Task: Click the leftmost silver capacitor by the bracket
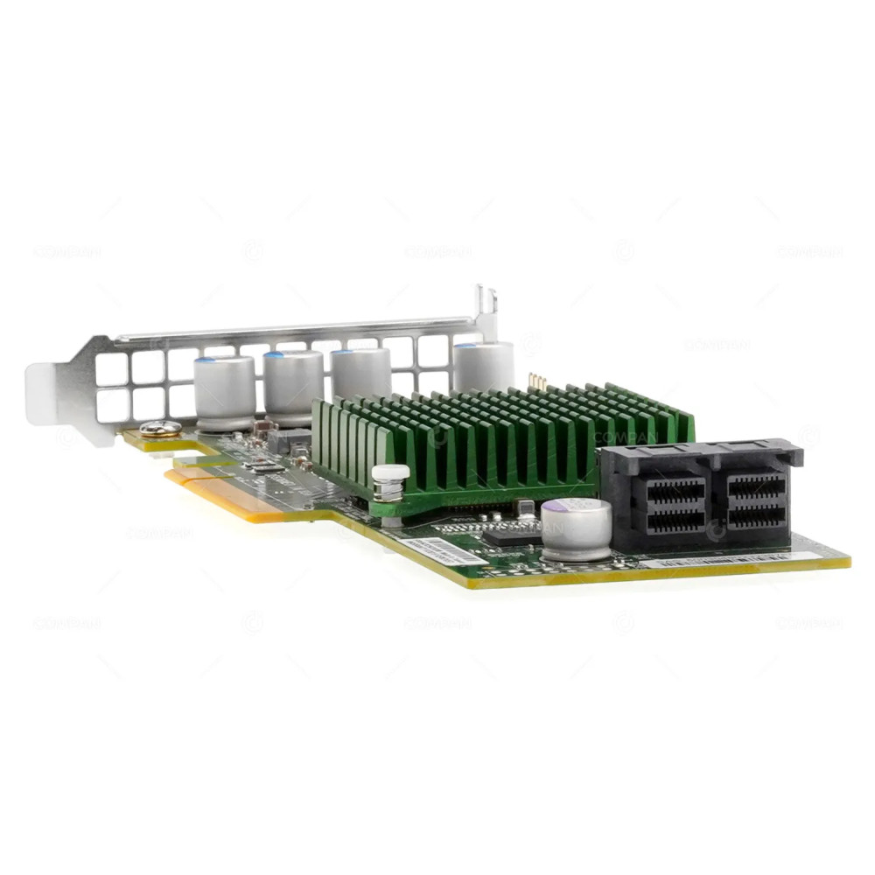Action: tap(224, 392)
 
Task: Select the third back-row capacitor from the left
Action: tap(360, 374)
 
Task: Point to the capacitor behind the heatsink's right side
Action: tap(483, 365)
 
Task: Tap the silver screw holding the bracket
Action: tap(160, 429)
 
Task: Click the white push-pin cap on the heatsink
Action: tap(390, 473)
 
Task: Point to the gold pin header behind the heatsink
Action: tap(538, 381)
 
